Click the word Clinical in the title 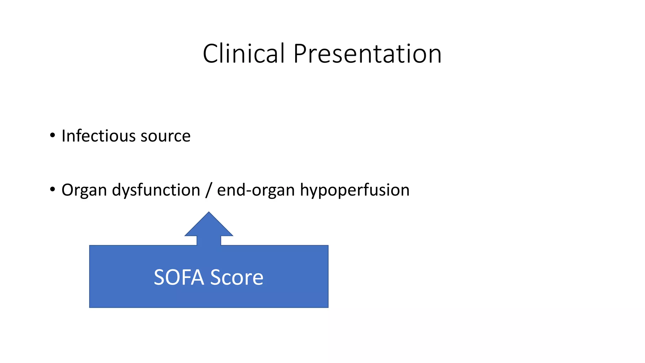pos(243,54)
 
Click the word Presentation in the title pos(367,54)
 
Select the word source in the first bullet pos(165,136)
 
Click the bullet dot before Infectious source pos(53,135)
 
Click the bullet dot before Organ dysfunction pos(53,189)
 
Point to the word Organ pos(84,190)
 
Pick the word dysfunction pos(156,190)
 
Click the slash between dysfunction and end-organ pos(208,190)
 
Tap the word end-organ pos(256,190)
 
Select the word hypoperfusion pos(355,190)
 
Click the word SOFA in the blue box pos(179,277)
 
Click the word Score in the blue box pos(237,277)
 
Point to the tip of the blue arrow pos(209,213)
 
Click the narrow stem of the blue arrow pos(209,240)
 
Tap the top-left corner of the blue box pos(90,246)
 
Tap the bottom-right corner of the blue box pos(328,307)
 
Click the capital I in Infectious pos(63,136)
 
